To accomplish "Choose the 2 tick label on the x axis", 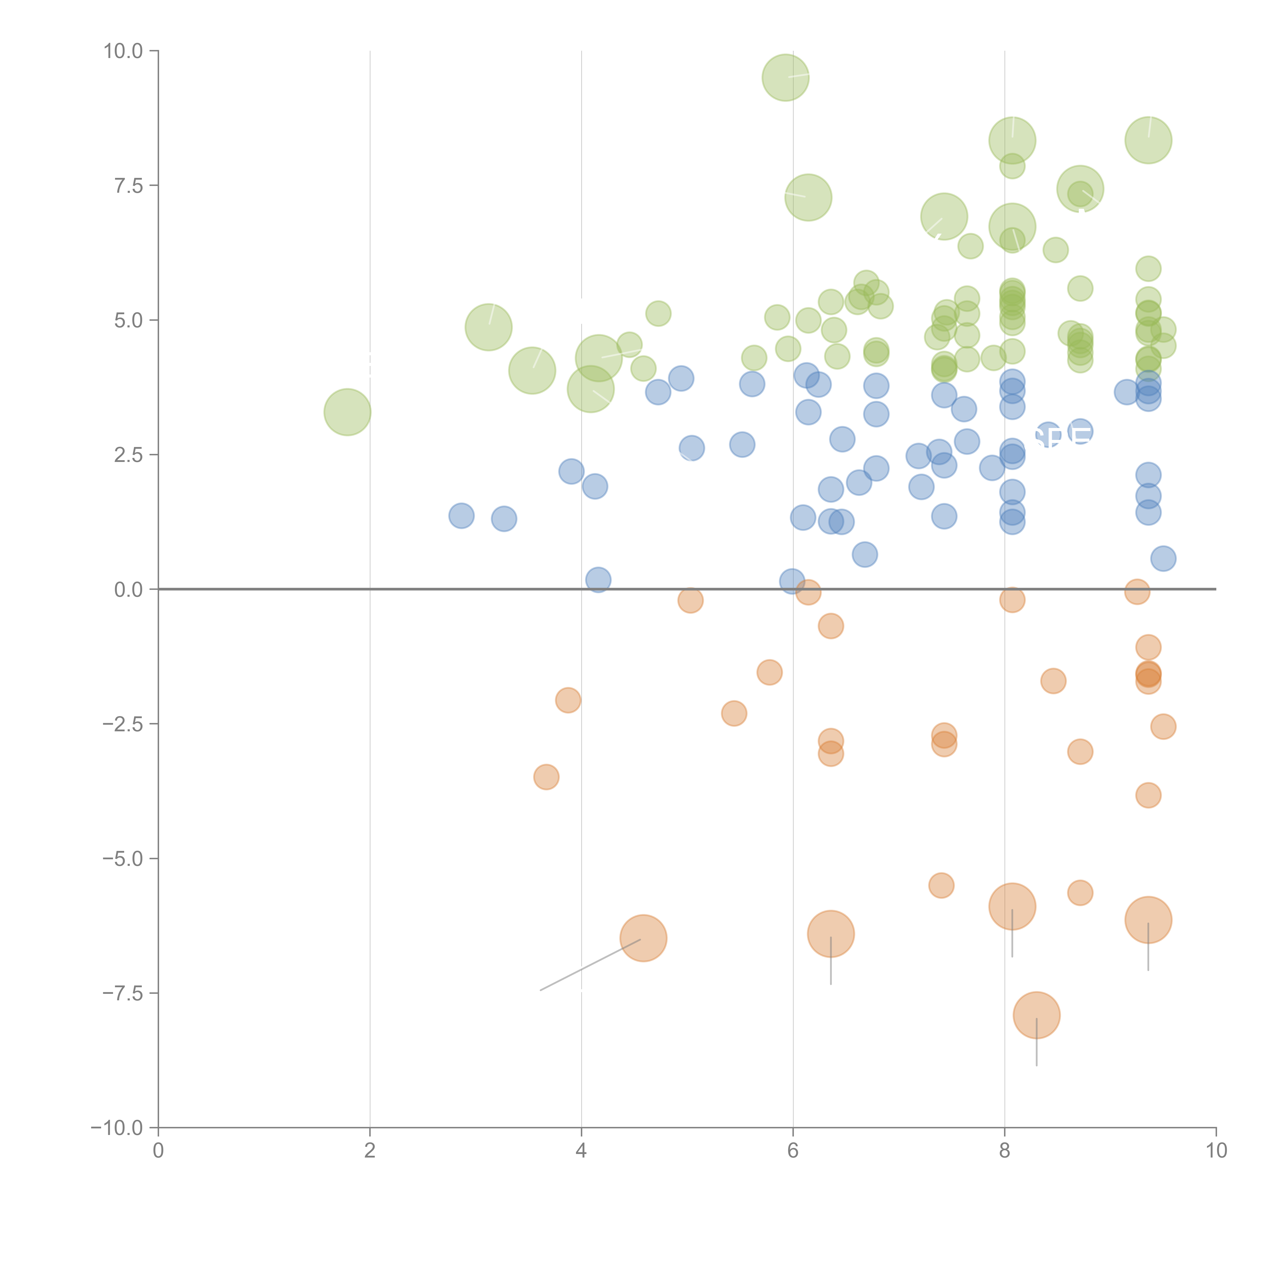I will [370, 1151].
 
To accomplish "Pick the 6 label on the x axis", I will [793, 1151].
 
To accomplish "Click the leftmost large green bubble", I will [348, 412].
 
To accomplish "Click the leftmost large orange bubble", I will [643, 938].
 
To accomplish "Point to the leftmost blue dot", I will [462, 515].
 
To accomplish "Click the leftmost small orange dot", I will [546, 777].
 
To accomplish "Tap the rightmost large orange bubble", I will [1148, 919].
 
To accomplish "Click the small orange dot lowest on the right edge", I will [1148, 795].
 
